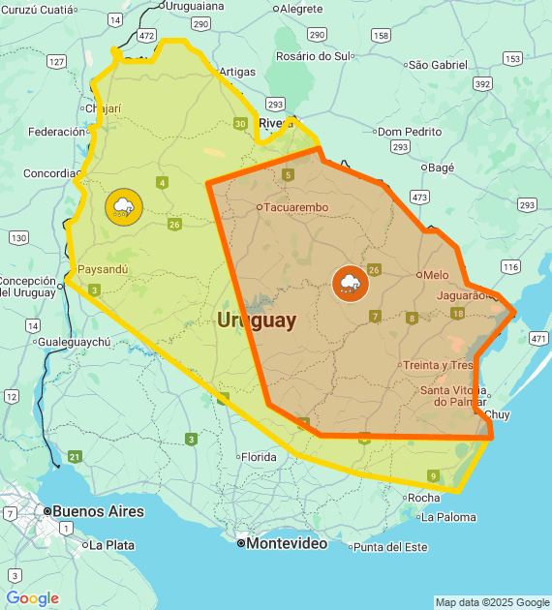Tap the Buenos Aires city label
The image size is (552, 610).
[x=97, y=511]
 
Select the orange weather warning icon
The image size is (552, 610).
[x=349, y=283]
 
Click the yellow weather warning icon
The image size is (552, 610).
[x=123, y=206]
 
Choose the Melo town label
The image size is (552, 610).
[x=435, y=275]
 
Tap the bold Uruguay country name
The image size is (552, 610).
[x=257, y=320]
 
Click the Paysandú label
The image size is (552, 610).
[x=102, y=269]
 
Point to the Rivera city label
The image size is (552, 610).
[x=276, y=123]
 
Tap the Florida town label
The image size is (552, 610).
[x=258, y=456]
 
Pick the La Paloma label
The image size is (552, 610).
[x=448, y=517]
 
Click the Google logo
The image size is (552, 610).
[x=32, y=598]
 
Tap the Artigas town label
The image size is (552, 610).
[x=237, y=72]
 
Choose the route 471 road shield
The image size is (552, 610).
[x=538, y=338]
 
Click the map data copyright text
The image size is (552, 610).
[x=491, y=602]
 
